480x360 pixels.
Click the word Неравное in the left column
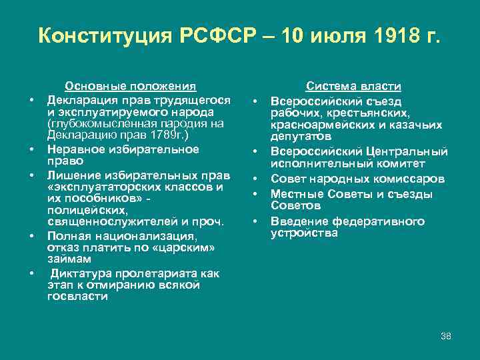click(72, 149)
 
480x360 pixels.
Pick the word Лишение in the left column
click(69, 175)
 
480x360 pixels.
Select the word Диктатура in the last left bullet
click(79, 273)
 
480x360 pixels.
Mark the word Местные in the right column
click(294, 194)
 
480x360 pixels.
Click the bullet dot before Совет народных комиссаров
click(256, 179)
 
